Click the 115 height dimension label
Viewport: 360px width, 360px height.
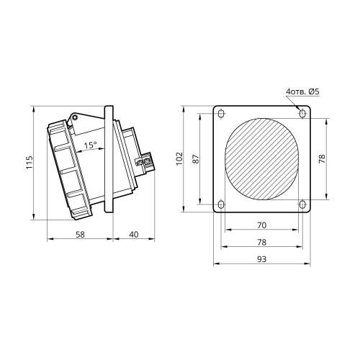pyautogui.click(x=30, y=163)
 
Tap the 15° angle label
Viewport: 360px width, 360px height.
pyautogui.click(x=90, y=145)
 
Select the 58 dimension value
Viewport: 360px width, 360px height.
pyautogui.click(x=80, y=235)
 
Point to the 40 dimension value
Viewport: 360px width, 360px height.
pyautogui.click(x=134, y=235)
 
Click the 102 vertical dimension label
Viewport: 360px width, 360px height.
pyautogui.click(x=179, y=158)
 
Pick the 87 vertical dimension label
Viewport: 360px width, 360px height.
pyautogui.click(x=196, y=159)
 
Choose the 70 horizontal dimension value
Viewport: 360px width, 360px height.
pyautogui.click(x=261, y=225)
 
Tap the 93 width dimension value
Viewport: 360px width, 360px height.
pyautogui.click(x=261, y=259)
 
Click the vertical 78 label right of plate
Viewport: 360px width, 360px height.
pyautogui.click(x=322, y=159)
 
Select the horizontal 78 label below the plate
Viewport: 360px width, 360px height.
pyautogui.click(x=261, y=242)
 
